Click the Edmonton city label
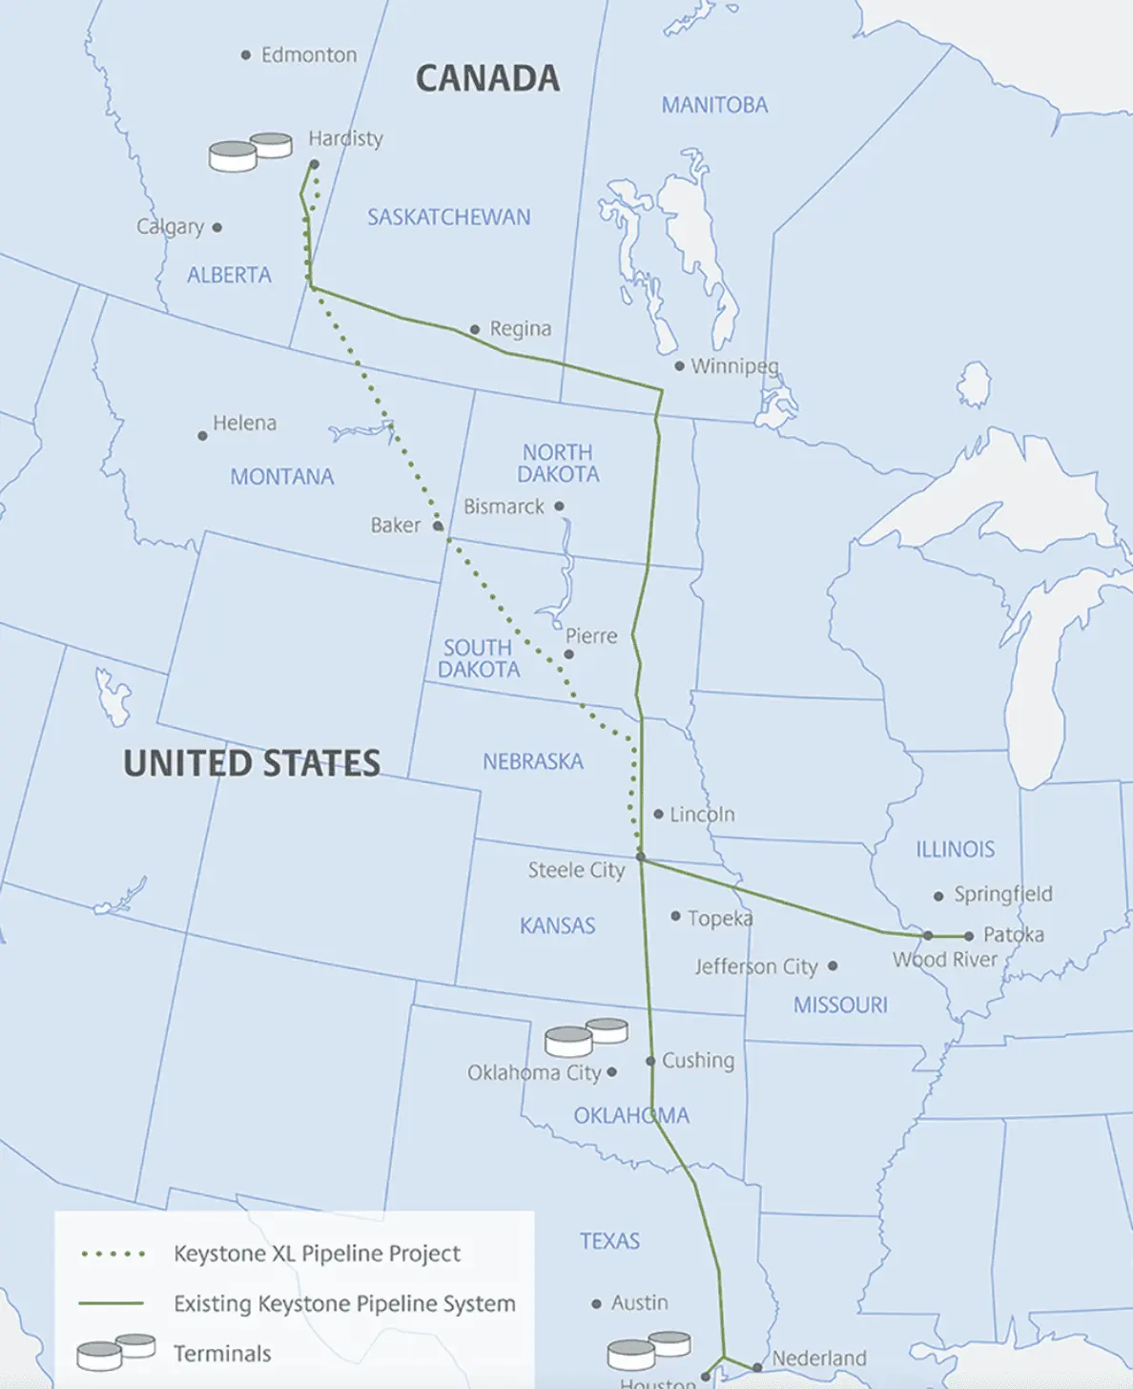[x=309, y=55]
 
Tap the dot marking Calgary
[x=217, y=227]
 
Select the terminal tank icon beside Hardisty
[x=250, y=152]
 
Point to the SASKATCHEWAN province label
[x=448, y=218]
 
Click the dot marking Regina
[x=475, y=330]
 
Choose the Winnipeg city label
[x=734, y=366]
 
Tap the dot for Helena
[x=202, y=436]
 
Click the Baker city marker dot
[x=438, y=526]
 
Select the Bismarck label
[x=504, y=507]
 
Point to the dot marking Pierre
[x=569, y=654]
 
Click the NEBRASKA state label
[x=532, y=762]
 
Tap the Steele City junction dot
[x=641, y=858]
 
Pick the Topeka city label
[x=720, y=918]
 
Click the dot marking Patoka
[x=969, y=936]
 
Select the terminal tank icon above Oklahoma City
[x=586, y=1036]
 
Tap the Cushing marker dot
[x=650, y=1061]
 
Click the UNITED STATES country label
[x=252, y=763]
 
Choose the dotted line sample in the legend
[x=113, y=1254]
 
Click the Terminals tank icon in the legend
[x=115, y=1353]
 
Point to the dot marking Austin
[x=596, y=1304]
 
